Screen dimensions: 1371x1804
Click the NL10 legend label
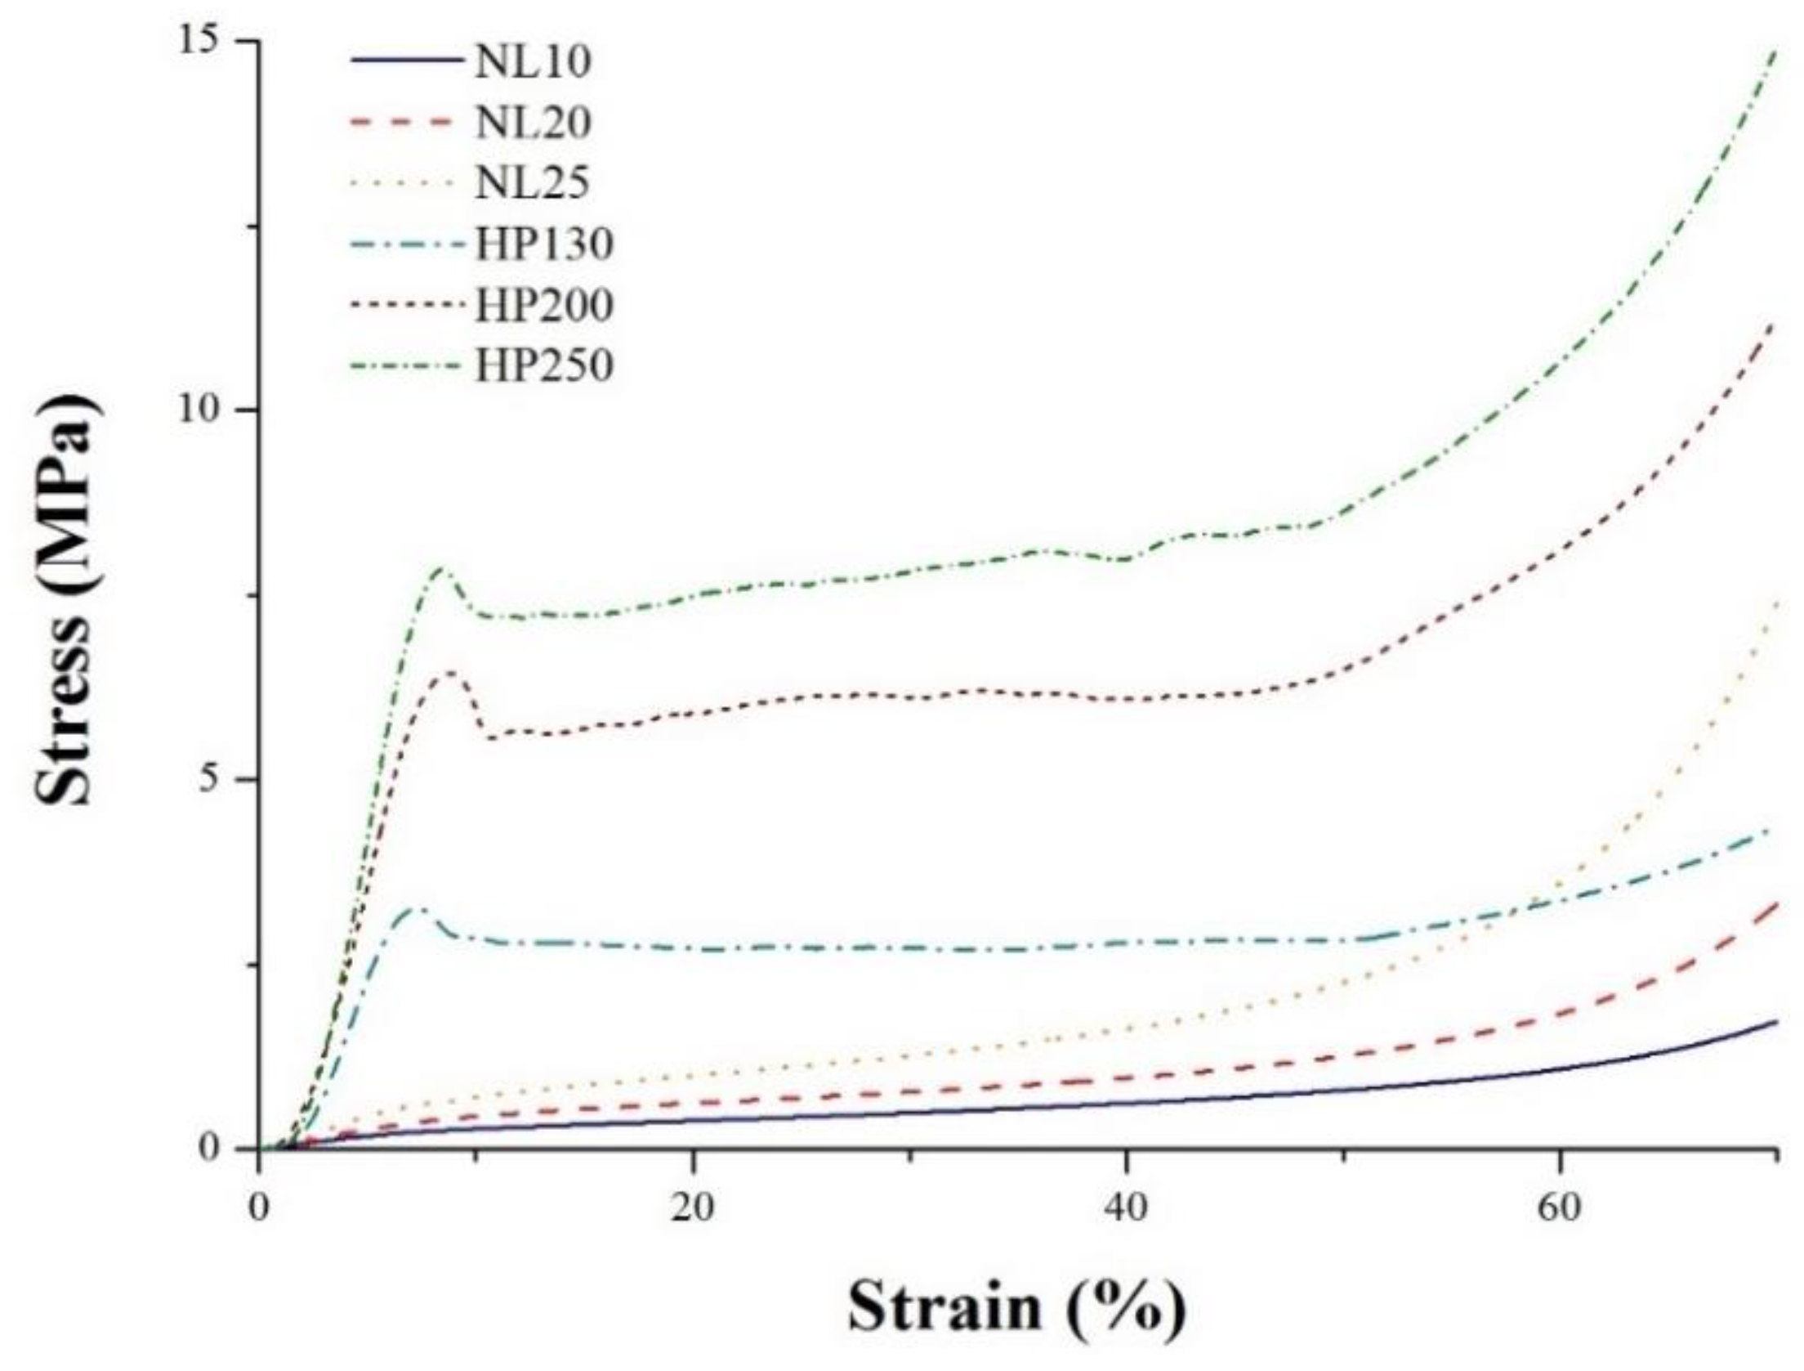[x=533, y=62]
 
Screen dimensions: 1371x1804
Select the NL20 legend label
[x=533, y=123]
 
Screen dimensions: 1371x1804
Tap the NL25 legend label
[x=533, y=183]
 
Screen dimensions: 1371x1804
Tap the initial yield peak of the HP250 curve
[x=443, y=568]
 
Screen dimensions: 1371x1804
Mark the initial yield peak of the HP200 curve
[x=449, y=671]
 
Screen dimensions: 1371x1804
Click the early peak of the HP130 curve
[x=419, y=908]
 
